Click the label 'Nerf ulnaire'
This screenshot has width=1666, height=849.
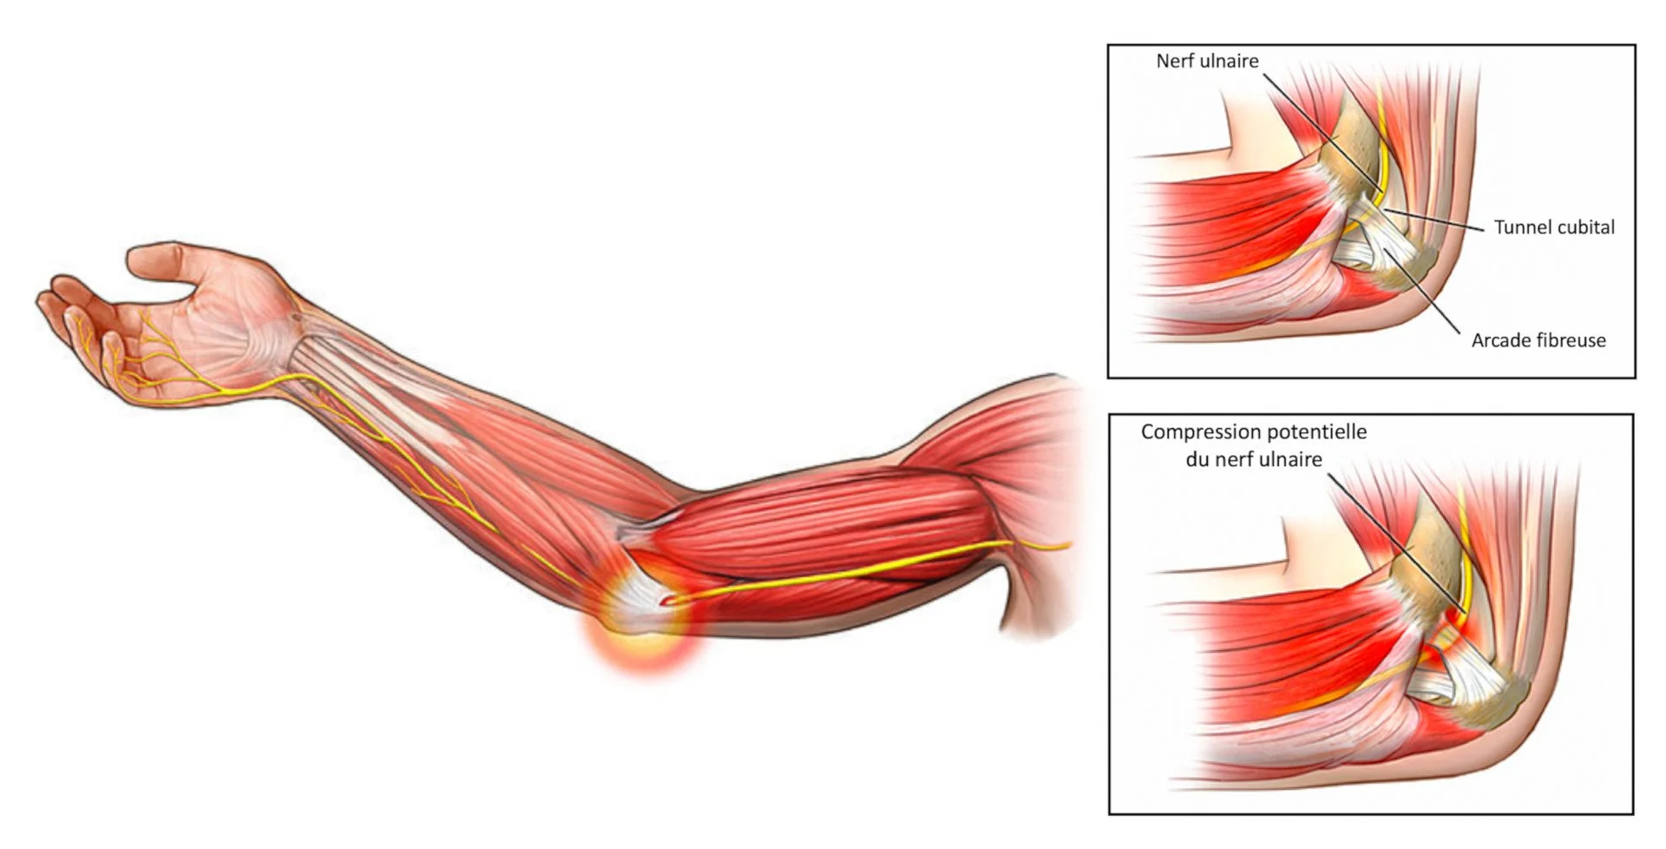click(x=1206, y=61)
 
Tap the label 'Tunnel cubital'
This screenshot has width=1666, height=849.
click(x=1553, y=227)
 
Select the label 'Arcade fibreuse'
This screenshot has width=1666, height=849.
click(x=1538, y=340)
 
